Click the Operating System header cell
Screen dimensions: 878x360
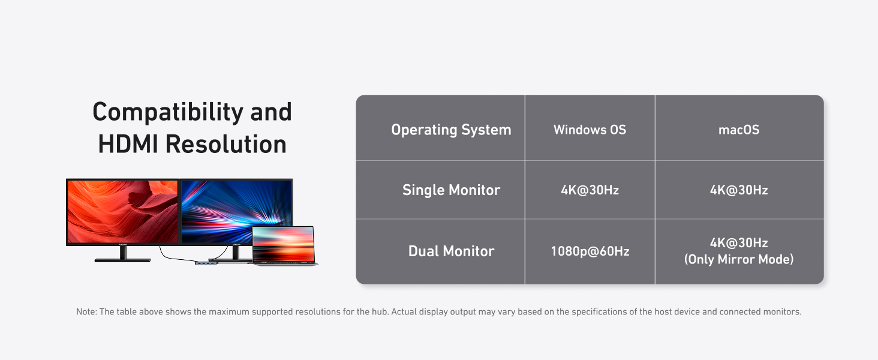tap(451, 130)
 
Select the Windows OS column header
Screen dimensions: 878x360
tap(590, 130)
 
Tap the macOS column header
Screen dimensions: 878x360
tap(739, 130)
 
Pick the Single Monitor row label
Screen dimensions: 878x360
tap(451, 190)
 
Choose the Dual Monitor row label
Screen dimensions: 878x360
tap(451, 251)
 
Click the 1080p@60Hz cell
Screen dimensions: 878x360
tap(590, 251)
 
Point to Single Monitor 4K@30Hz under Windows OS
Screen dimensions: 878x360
tap(590, 190)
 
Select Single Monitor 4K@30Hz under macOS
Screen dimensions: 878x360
tap(739, 190)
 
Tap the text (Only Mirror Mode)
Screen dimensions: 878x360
tap(739, 259)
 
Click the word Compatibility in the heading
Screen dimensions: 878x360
tap(168, 113)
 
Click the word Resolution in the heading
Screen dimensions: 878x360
tap(225, 144)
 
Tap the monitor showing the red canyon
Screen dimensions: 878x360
tap(122, 212)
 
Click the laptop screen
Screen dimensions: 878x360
tap(284, 244)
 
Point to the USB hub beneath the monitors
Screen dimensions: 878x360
tap(206, 263)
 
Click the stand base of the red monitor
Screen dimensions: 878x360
tap(123, 260)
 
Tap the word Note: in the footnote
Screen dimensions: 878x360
tap(86, 312)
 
